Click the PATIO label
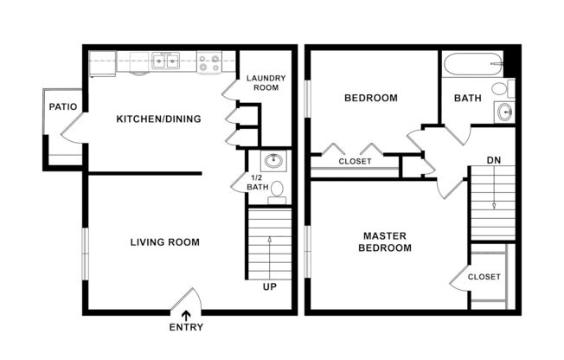tap(62, 107)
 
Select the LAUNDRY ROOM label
tap(266, 83)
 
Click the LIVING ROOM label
tap(165, 242)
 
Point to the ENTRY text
tap(185, 328)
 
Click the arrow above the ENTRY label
tap(185, 315)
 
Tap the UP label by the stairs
tap(269, 287)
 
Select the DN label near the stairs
tap(494, 160)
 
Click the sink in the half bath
tap(273, 160)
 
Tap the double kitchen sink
tap(166, 61)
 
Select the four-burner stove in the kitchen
tap(208, 61)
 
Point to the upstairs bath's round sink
tap(503, 110)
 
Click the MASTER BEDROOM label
tap(387, 241)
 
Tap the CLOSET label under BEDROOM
tap(355, 162)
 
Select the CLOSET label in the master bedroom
tap(484, 278)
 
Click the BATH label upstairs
tap(468, 98)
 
